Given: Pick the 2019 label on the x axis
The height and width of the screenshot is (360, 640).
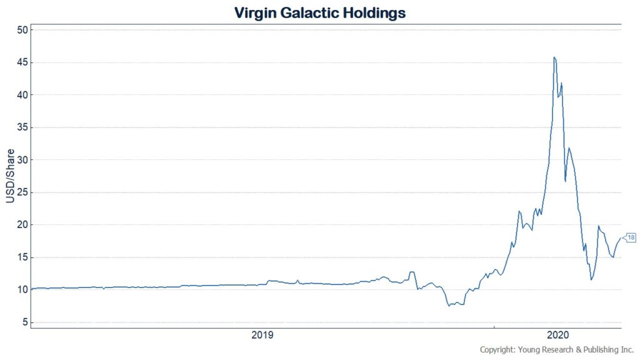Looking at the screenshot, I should [262, 336].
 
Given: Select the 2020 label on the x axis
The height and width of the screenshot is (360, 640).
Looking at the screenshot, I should [557, 336].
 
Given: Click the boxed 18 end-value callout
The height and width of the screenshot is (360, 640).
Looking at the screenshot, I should [631, 237].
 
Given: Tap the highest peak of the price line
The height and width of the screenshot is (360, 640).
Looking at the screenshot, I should [554, 57].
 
